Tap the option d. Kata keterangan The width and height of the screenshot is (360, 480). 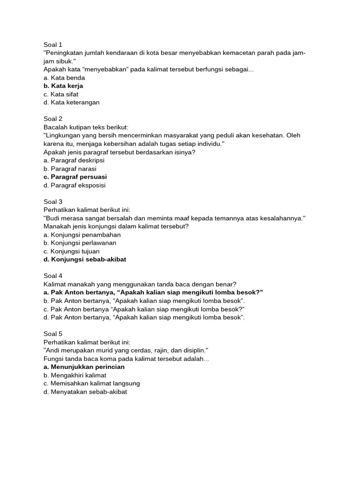tap(71, 102)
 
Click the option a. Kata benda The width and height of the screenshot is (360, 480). tap(64, 77)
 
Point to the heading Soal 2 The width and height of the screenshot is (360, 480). tap(53, 119)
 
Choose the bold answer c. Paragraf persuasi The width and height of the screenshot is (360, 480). tap(75, 177)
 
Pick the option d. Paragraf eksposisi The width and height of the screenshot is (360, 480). tap(74, 185)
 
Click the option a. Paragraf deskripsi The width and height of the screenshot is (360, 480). tap(74, 160)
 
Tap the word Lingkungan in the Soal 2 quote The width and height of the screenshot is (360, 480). tap(62, 135)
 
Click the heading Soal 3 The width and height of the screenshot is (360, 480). tap(53, 202)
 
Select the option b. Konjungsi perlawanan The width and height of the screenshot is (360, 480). tap(80, 243)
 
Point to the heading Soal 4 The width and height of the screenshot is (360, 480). tap(53, 276)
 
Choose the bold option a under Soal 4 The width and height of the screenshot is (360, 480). tap(153, 292)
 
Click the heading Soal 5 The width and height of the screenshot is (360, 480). tap(53, 334)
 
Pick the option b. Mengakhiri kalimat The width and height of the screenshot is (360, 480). tap(75, 375)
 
